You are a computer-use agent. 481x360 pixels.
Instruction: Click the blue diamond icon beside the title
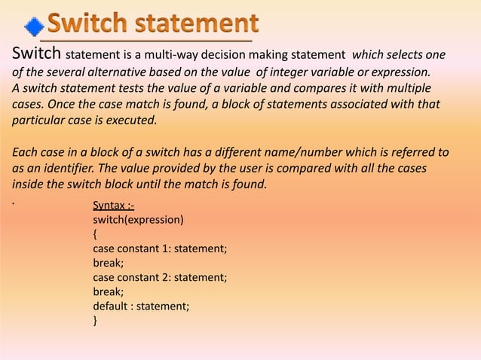(34, 27)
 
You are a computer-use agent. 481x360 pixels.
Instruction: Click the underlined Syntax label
(113, 206)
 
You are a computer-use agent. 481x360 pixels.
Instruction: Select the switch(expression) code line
(138, 220)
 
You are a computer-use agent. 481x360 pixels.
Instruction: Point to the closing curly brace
(95, 320)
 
